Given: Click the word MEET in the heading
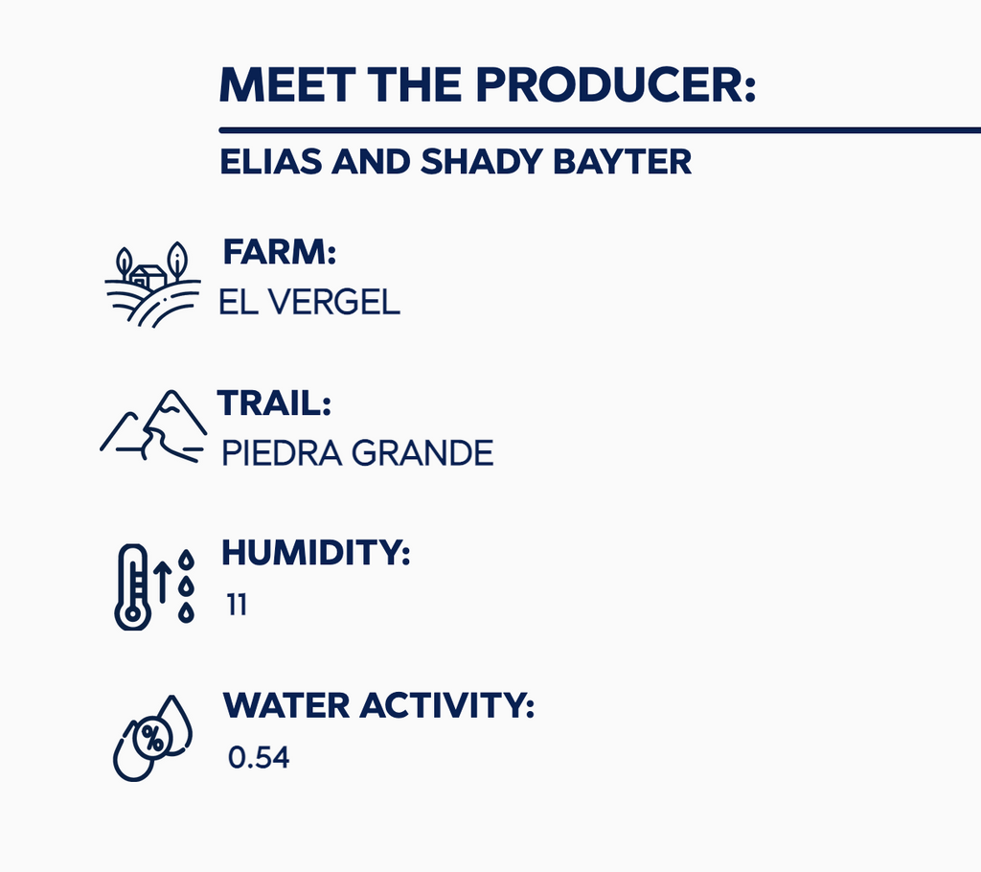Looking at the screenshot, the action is click(287, 84).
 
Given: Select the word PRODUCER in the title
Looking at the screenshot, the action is click(616, 84).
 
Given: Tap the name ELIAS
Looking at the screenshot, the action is click(271, 162).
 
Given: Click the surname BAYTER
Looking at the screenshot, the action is click(623, 162).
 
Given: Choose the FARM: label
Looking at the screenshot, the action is click(280, 252).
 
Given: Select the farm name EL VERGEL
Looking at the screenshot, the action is click(309, 302).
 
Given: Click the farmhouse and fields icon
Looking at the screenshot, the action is click(152, 285).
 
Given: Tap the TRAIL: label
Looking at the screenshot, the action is click(274, 402).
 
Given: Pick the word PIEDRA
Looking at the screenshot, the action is click(282, 453).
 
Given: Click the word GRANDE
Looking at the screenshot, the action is click(422, 453).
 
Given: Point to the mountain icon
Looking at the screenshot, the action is click(153, 426).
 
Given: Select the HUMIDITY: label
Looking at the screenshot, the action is click(316, 553).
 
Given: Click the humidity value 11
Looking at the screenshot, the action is click(237, 605).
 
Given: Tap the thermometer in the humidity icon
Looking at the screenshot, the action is click(132, 586).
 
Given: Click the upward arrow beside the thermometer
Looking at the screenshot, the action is click(163, 582).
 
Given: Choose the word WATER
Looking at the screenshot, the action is click(286, 705).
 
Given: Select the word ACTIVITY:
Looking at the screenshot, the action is click(446, 705).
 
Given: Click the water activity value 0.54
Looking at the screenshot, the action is click(259, 757).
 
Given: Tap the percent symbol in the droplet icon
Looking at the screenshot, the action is click(152, 739).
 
